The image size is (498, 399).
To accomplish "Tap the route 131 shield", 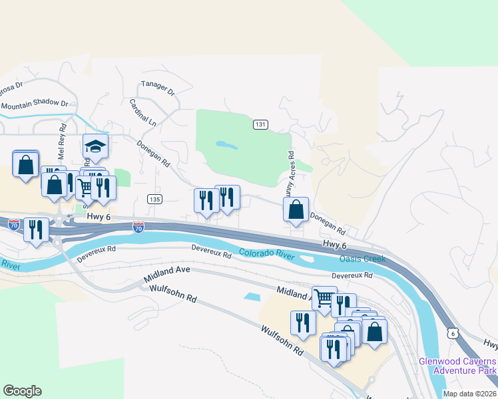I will (x=260, y=124).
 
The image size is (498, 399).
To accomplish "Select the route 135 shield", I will (x=154, y=199).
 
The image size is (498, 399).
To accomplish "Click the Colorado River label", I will (x=267, y=254).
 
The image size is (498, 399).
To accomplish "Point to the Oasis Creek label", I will (x=363, y=259).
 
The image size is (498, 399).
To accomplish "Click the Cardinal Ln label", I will (x=142, y=113).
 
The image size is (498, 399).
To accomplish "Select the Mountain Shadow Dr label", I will (x=35, y=104).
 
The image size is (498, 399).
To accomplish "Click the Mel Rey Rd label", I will (x=63, y=137).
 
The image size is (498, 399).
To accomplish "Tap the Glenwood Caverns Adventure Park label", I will (x=458, y=365).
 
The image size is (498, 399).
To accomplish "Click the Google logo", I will (x=22, y=391).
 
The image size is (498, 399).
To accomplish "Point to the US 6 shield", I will (x=453, y=332).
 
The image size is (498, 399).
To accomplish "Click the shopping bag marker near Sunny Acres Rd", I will (x=296, y=209).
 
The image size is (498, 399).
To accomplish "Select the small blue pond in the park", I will (x=226, y=144).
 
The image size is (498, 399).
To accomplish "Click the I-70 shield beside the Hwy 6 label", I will (x=138, y=227).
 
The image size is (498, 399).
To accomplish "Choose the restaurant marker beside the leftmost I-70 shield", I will (x=35, y=229).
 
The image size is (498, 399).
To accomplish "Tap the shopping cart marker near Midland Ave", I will (x=324, y=298).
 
